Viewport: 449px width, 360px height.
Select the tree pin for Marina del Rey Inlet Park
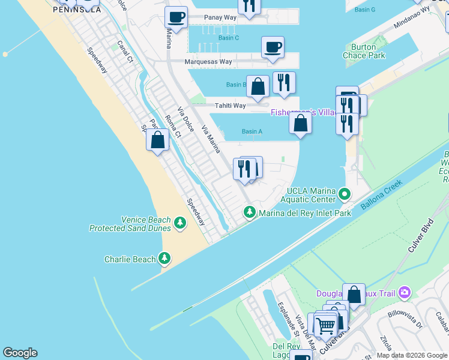(250, 212)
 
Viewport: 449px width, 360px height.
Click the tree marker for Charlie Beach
(164, 259)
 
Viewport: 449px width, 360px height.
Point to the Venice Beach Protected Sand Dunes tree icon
(179, 224)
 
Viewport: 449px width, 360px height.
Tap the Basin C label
(229, 38)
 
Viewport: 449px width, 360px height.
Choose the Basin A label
(252, 131)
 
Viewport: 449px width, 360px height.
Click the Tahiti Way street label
(231, 106)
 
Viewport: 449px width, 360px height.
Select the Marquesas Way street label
(208, 61)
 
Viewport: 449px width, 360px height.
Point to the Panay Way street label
(220, 17)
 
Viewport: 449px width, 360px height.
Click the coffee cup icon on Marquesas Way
(273, 47)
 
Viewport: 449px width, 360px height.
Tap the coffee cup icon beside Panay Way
(176, 17)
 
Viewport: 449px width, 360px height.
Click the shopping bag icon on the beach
(157, 140)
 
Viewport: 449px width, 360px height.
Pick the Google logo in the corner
(20, 353)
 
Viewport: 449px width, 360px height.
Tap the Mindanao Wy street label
(414, 18)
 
